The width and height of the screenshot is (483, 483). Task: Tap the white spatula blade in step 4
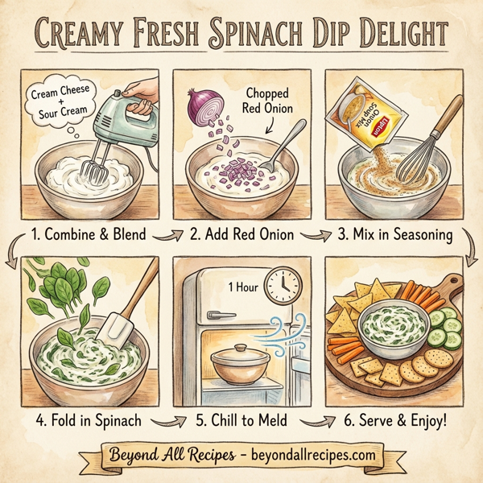point(114,329)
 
